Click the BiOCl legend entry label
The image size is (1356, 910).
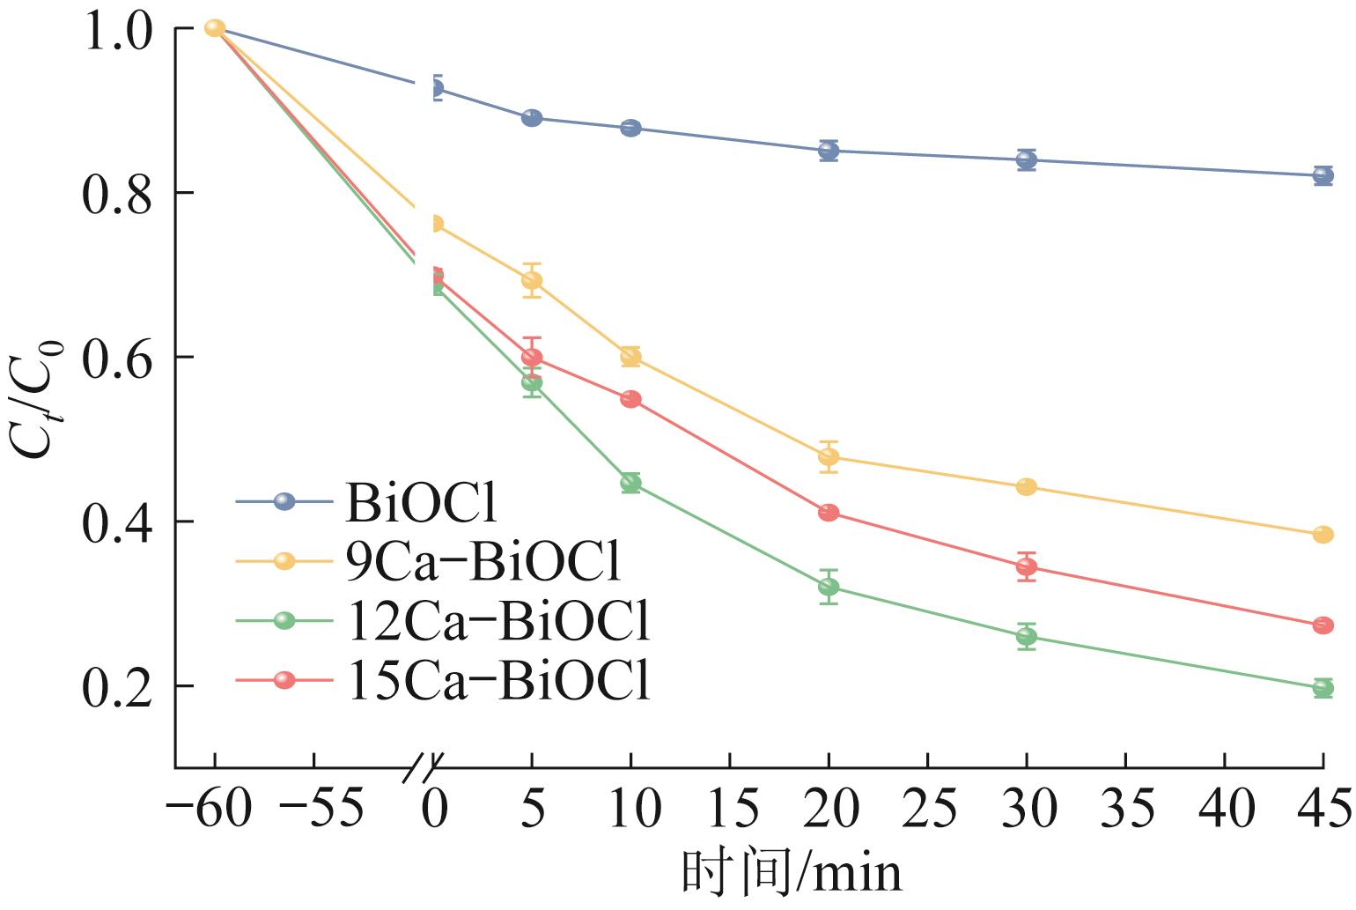tap(424, 503)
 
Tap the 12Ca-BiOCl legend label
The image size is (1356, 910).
tap(499, 621)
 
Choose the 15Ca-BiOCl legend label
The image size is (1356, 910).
tap(499, 680)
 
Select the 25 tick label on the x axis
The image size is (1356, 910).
tap(927, 808)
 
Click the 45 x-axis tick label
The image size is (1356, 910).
tap(1323, 808)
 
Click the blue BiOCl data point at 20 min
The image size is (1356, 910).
tap(829, 151)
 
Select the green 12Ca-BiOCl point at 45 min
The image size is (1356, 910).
tap(1323, 688)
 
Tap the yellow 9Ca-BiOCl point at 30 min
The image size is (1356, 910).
tap(1027, 487)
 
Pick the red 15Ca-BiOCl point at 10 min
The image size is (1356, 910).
tap(630, 399)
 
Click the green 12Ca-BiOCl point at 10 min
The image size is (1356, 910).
tap(630, 483)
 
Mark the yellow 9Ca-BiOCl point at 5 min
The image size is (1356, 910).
tap(532, 280)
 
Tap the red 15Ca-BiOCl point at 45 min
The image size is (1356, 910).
tap(1323, 625)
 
